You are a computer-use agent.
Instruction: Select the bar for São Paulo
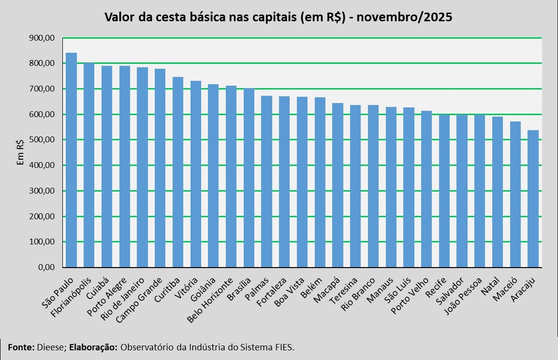point(71,160)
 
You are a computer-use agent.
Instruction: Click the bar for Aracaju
point(533,199)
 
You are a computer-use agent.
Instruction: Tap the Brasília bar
point(249,178)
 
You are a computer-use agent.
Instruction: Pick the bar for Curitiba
point(178,172)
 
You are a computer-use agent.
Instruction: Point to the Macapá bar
point(338,185)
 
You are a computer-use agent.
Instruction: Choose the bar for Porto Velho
point(426,189)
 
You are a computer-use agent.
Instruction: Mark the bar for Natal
point(498,192)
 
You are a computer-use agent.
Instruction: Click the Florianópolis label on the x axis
point(71,297)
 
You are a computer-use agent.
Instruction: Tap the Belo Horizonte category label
point(210,300)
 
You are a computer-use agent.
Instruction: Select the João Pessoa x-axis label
point(463,296)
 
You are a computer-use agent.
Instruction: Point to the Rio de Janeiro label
point(122,299)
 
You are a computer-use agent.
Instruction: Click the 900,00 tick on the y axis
point(42,38)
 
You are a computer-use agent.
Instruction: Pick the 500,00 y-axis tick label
point(42,139)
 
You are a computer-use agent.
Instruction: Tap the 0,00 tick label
point(46,267)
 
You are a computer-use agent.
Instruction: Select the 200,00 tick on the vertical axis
point(42,216)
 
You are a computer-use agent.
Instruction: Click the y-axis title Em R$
point(20,152)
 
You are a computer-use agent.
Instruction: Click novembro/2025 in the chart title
point(404,17)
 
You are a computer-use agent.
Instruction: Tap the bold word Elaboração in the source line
point(93,347)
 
